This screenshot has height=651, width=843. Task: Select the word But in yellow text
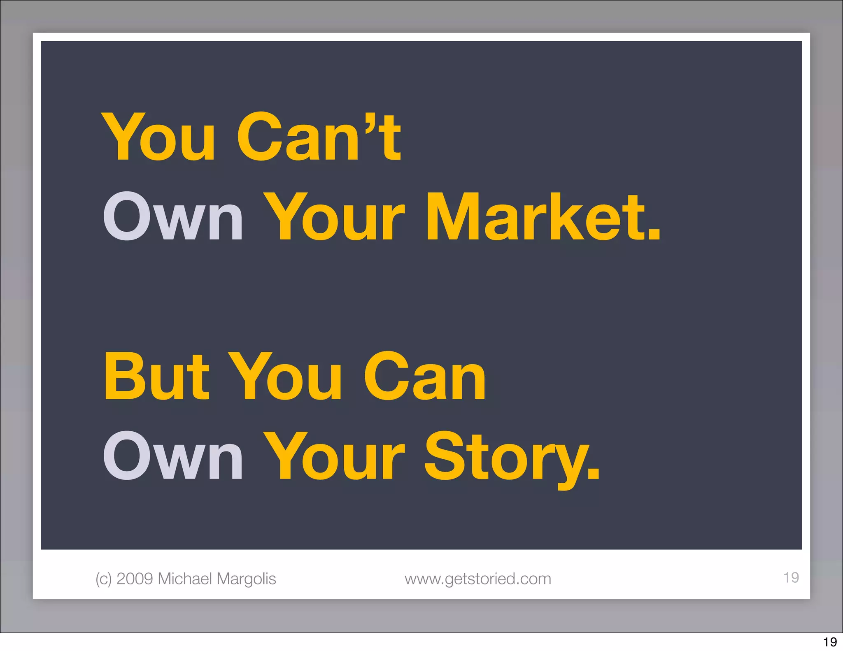click(157, 377)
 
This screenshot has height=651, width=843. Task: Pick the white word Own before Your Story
click(173, 457)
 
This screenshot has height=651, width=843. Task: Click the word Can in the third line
click(424, 377)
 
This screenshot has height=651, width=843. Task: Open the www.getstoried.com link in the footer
click(477, 579)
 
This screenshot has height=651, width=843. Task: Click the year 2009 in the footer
click(135, 579)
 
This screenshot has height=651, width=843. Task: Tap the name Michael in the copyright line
click(185, 579)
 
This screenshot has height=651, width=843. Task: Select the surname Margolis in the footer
click(246, 579)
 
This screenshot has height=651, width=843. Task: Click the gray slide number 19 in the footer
click(791, 577)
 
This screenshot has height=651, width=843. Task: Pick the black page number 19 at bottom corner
click(830, 642)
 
